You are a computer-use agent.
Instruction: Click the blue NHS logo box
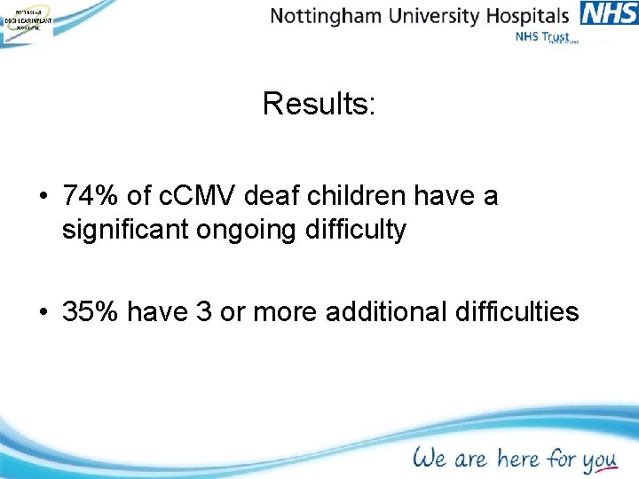pos(609,14)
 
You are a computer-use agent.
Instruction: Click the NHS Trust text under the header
pos(540,37)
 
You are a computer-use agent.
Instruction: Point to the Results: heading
pos(319,105)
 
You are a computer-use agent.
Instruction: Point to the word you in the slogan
pos(599,461)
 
